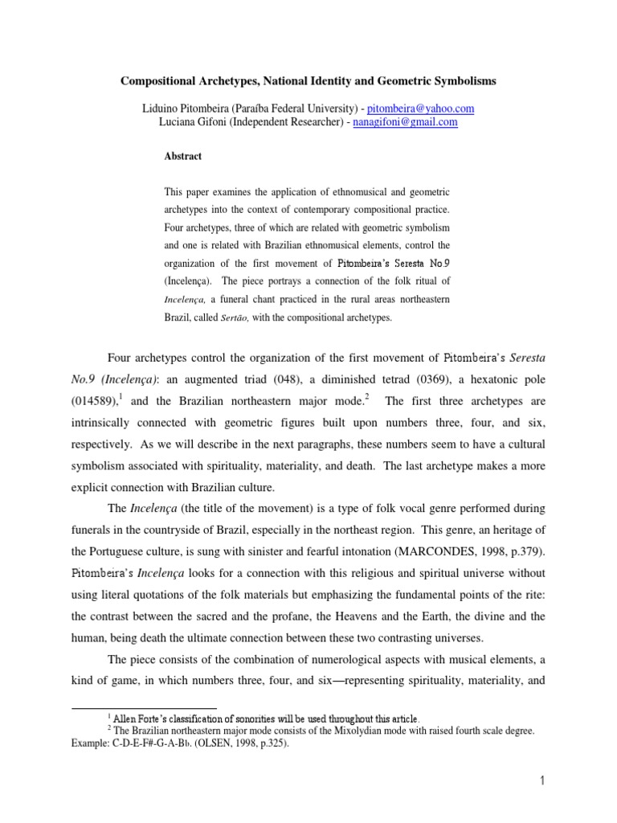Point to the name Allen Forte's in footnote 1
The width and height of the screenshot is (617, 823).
pyautogui.click(x=140, y=718)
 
